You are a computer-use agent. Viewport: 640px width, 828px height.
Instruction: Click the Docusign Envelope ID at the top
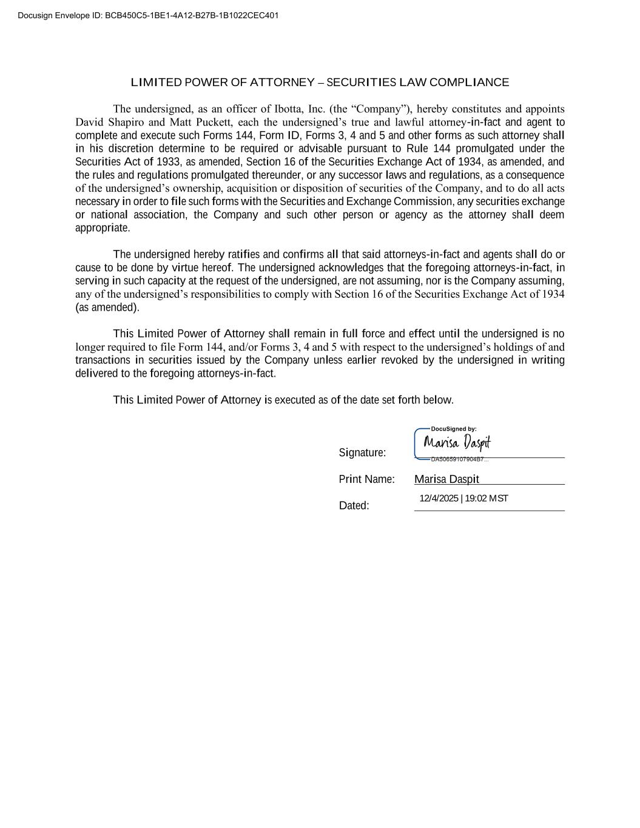click(x=148, y=15)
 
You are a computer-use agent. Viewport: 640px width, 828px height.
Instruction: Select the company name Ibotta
click(x=289, y=109)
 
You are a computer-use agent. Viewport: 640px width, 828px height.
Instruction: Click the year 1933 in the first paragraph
click(x=168, y=162)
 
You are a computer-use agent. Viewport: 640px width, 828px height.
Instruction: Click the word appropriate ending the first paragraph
click(x=102, y=228)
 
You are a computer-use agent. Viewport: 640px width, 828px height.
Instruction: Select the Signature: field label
click(x=362, y=453)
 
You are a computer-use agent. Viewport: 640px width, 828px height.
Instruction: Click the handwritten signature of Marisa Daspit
click(x=457, y=443)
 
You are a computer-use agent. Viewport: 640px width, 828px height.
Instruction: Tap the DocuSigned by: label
click(x=453, y=429)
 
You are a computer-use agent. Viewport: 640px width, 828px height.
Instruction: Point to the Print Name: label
click(x=366, y=479)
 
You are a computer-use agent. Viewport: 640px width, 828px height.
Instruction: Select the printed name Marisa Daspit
click(x=446, y=479)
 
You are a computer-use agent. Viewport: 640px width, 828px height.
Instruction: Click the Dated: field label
click(x=354, y=505)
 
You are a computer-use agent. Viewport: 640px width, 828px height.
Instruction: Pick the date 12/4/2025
click(x=439, y=499)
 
